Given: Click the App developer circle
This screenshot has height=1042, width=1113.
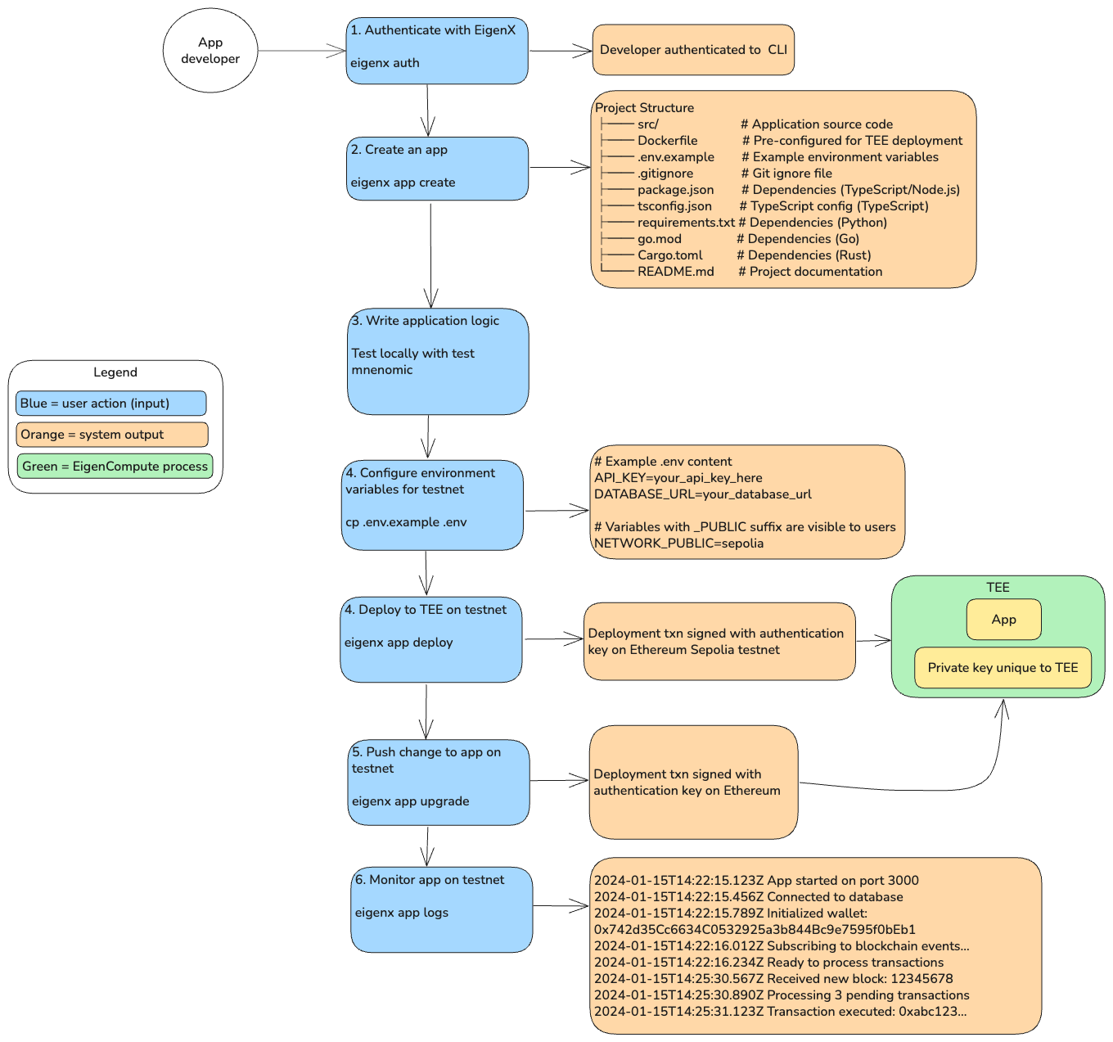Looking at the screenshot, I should [x=210, y=51].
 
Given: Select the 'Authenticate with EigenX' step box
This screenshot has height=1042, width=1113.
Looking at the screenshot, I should [x=437, y=51].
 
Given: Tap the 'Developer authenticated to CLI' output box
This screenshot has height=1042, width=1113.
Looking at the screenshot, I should [x=693, y=50].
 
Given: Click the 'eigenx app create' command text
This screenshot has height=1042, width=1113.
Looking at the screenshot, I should [x=403, y=183].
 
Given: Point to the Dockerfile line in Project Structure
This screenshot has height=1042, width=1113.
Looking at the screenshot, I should [x=667, y=141].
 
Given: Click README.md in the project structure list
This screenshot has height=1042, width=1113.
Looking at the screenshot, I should [x=675, y=272].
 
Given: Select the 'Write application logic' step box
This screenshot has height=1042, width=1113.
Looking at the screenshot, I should [x=438, y=361].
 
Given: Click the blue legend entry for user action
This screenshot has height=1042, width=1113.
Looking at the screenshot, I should [x=110, y=404].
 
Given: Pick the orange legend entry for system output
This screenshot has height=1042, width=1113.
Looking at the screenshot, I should [x=111, y=435].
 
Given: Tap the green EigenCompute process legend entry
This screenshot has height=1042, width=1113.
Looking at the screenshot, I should [x=115, y=467].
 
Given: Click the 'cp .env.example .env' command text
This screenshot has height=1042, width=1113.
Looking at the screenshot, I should [x=406, y=522].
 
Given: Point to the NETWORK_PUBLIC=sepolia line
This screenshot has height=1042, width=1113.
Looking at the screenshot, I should [x=678, y=544].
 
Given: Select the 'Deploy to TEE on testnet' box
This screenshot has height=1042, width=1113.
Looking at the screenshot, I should [x=431, y=639].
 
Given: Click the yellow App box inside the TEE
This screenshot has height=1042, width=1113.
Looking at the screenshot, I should [x=1003, y=620].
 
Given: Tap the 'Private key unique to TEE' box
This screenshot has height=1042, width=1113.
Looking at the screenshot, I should [x=1003, y=668].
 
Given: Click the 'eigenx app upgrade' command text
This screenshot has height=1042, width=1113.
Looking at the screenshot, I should [x=410, y=801].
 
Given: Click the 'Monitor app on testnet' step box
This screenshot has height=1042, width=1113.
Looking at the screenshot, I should [x=441, y=909].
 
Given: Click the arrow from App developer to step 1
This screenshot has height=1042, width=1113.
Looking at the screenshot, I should [x=301, y=51].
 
